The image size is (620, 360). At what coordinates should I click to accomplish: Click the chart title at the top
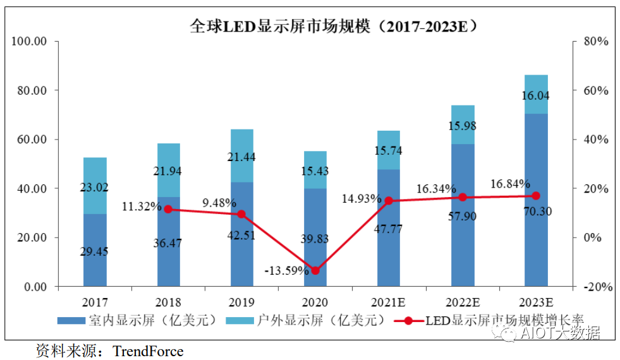click(333, 26)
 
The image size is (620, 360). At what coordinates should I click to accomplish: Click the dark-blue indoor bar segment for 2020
click(315, 237)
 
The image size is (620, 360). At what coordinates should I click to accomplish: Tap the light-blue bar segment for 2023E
click(536, 94)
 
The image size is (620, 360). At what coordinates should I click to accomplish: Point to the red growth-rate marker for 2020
click(315, 271)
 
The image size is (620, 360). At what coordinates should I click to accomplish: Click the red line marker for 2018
click(168, 209)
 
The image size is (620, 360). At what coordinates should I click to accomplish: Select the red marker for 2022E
click(463, 197)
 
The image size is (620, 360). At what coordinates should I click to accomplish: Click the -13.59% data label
click(287, 271)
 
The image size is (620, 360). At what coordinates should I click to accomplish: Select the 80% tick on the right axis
click(594, 42)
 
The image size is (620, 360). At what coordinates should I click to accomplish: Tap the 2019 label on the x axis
click(242, 301)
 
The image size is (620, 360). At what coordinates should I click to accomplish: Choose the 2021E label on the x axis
click(388, 301)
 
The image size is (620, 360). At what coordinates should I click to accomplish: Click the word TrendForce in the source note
click(147, 351)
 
